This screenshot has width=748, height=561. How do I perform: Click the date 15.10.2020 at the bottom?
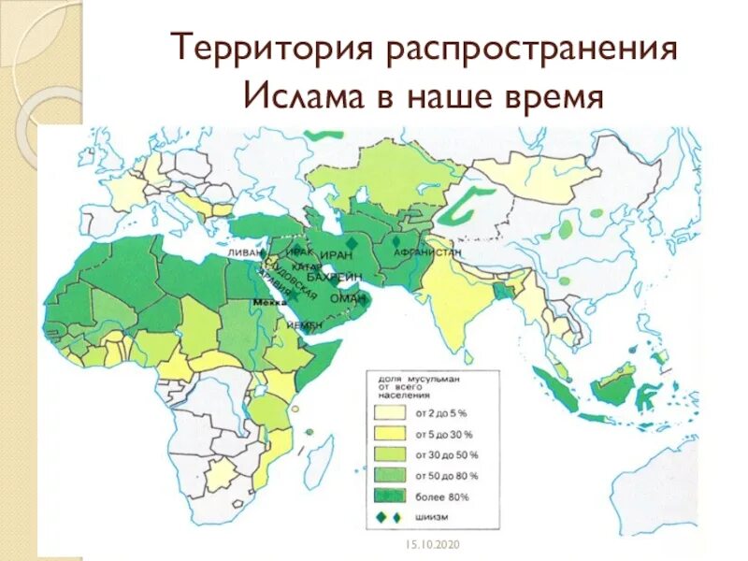[427, 545]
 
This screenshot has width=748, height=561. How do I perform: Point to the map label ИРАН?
[334, 254]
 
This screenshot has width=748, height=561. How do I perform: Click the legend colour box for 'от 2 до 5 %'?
[392, 411]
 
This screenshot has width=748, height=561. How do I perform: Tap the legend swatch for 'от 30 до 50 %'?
[392, 454]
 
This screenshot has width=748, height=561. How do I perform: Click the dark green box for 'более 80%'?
[392, 496]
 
